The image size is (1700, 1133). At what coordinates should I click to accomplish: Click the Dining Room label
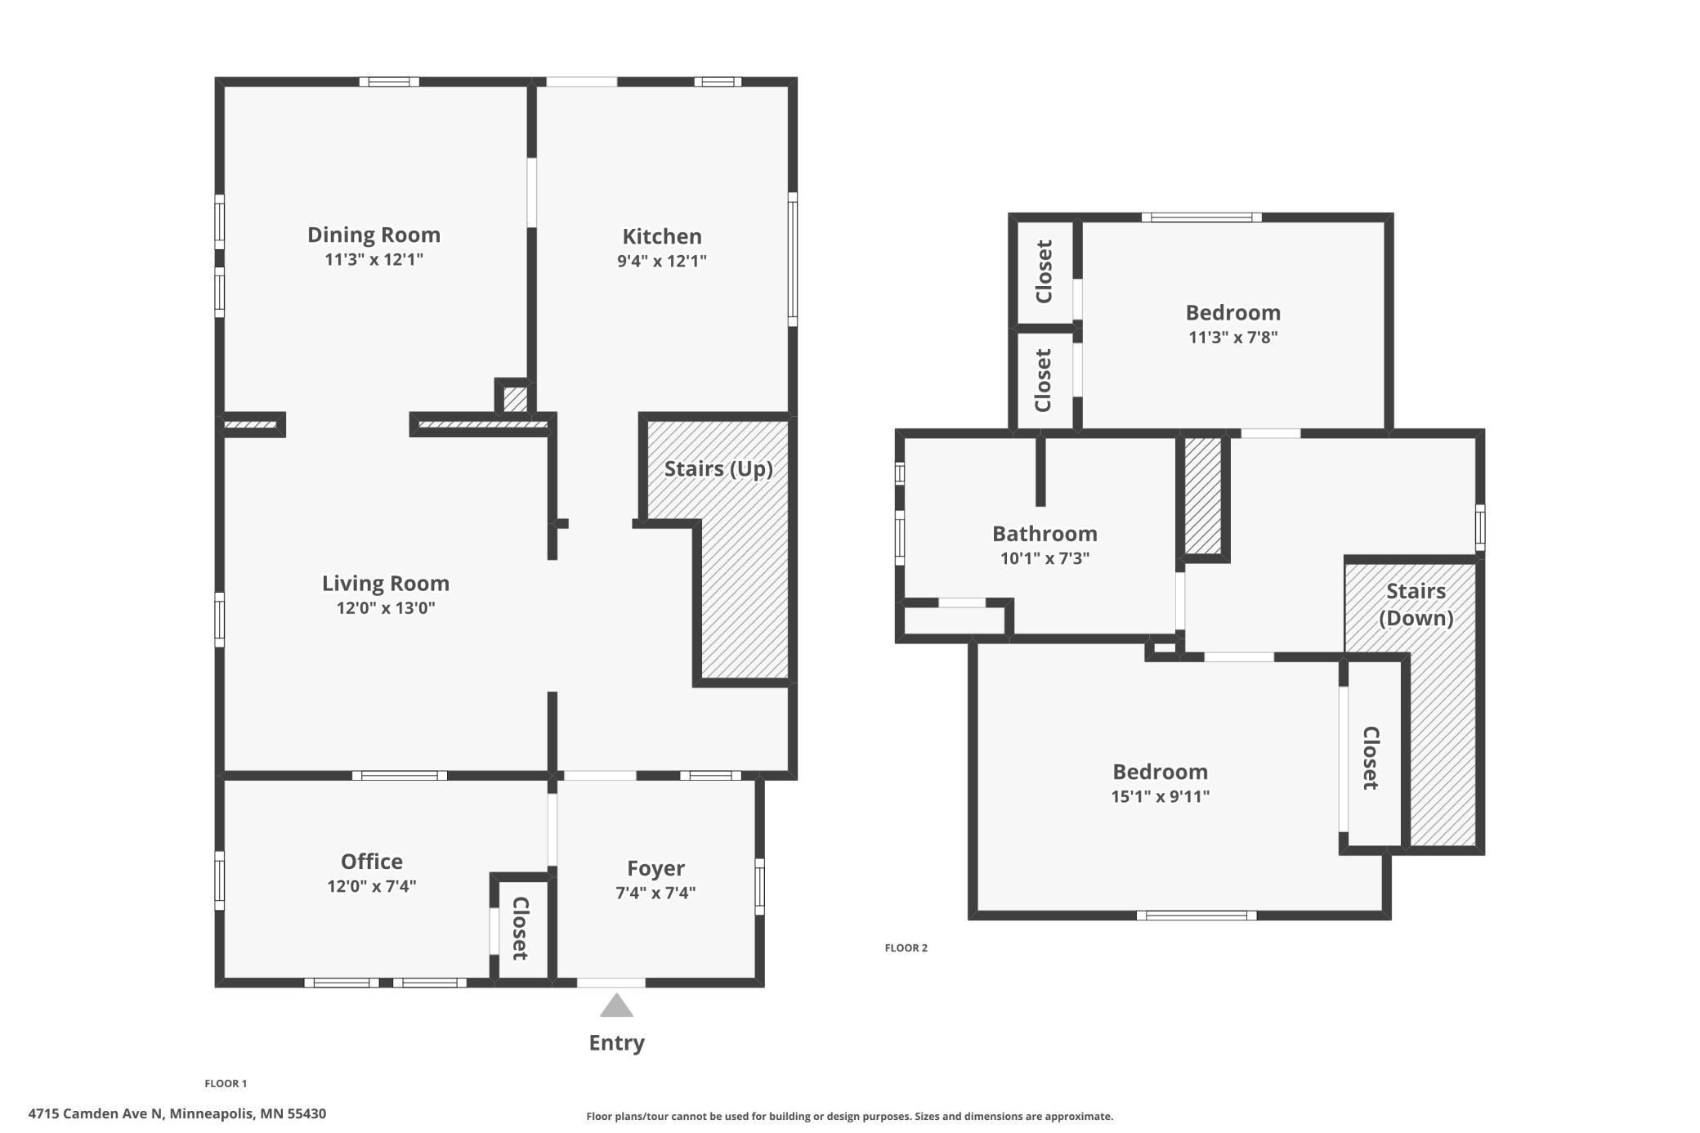tap(374, 235)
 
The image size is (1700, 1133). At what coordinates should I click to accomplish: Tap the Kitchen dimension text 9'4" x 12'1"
tap(661, 261)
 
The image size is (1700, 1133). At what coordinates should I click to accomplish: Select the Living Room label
tap(385, 583)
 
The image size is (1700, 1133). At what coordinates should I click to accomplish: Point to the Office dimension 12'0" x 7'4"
tap(372, 886)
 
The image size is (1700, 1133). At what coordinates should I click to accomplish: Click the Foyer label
tap(655, 868)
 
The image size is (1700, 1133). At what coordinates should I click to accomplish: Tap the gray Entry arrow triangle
tap(616, 1005)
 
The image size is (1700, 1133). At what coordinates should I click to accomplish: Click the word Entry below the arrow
tap(617, 1043)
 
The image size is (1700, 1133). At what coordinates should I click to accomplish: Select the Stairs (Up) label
tap(718, 469)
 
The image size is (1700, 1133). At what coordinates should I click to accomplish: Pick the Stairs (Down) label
tap(1416, 604)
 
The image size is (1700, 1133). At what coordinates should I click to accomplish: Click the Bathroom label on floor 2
tap(1045, 534)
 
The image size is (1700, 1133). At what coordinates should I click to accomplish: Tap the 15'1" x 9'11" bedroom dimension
tap(1160, 796)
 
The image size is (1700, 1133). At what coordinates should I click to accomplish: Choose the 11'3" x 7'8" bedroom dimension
tap(1232, 337)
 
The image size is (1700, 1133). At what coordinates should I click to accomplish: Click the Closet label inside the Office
tap(521, 928)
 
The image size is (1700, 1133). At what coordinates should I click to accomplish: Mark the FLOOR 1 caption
tap(226, 1083)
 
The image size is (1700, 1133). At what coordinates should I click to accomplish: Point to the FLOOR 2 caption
tap(906, 947)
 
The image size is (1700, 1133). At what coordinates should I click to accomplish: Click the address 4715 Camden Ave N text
tap(96, 1113)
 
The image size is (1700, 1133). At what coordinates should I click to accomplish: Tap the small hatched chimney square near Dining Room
tap(515, 399)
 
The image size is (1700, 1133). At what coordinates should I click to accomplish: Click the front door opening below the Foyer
tap(611, 983)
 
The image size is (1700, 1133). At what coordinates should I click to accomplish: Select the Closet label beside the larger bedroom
tap(1371, 758)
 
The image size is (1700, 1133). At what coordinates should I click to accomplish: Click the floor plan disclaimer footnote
tap(849, 1116)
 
